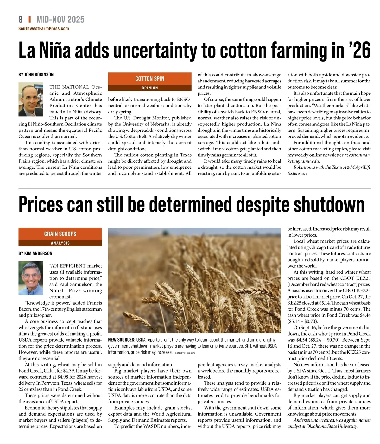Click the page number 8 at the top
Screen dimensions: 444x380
(x=21, y=20)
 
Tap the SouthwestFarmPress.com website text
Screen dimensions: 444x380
(x=43, y=29)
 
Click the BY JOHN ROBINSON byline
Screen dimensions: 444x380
(x=36, y=75)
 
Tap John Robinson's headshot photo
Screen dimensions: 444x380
(x=31, y=100)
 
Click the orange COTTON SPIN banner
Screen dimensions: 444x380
(x=150, y=79)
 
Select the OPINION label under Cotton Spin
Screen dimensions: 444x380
(x=150, y=88)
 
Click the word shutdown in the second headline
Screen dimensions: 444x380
(x=329, y=204)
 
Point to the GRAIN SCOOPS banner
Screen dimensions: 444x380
(x=60, y=234)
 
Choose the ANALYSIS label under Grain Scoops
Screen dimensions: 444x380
(x=60, y=243)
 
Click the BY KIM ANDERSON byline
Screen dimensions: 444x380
(x=35, y=253)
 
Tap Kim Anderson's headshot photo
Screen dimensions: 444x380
(x=31, y=278)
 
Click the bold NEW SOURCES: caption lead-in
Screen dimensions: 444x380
(x=122, y=340)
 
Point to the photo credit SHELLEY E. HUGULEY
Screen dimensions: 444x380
(x=185, y=353)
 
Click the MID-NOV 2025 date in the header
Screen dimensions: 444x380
(x=60, y=20)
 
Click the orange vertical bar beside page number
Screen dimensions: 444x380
(x=29, y=20)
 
